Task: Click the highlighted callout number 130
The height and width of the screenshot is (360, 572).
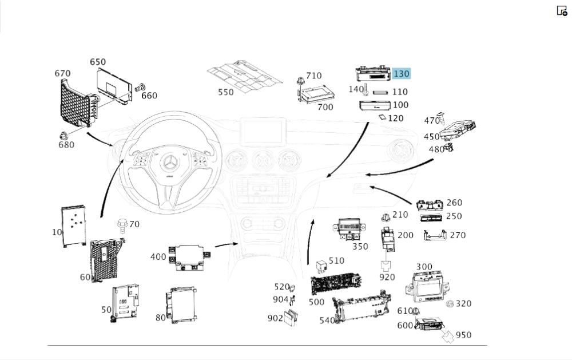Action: point(402,73)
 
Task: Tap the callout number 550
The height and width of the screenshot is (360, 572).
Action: point(226,92)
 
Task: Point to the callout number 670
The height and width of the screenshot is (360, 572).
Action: point(62,73)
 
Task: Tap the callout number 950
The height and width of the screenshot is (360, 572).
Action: point(463,335)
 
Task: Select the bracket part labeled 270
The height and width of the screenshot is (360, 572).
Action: point(435,235)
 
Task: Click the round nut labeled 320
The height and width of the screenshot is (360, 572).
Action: point(449,303)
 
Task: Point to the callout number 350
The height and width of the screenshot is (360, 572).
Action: point(360,247)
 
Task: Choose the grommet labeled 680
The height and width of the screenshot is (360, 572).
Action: point(64,136)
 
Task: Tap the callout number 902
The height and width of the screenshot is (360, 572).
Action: point(275,318)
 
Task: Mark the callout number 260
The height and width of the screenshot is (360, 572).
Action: point(454,203)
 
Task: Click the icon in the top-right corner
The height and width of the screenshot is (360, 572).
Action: point(562,10)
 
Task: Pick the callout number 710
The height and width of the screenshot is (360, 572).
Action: point(314,76)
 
